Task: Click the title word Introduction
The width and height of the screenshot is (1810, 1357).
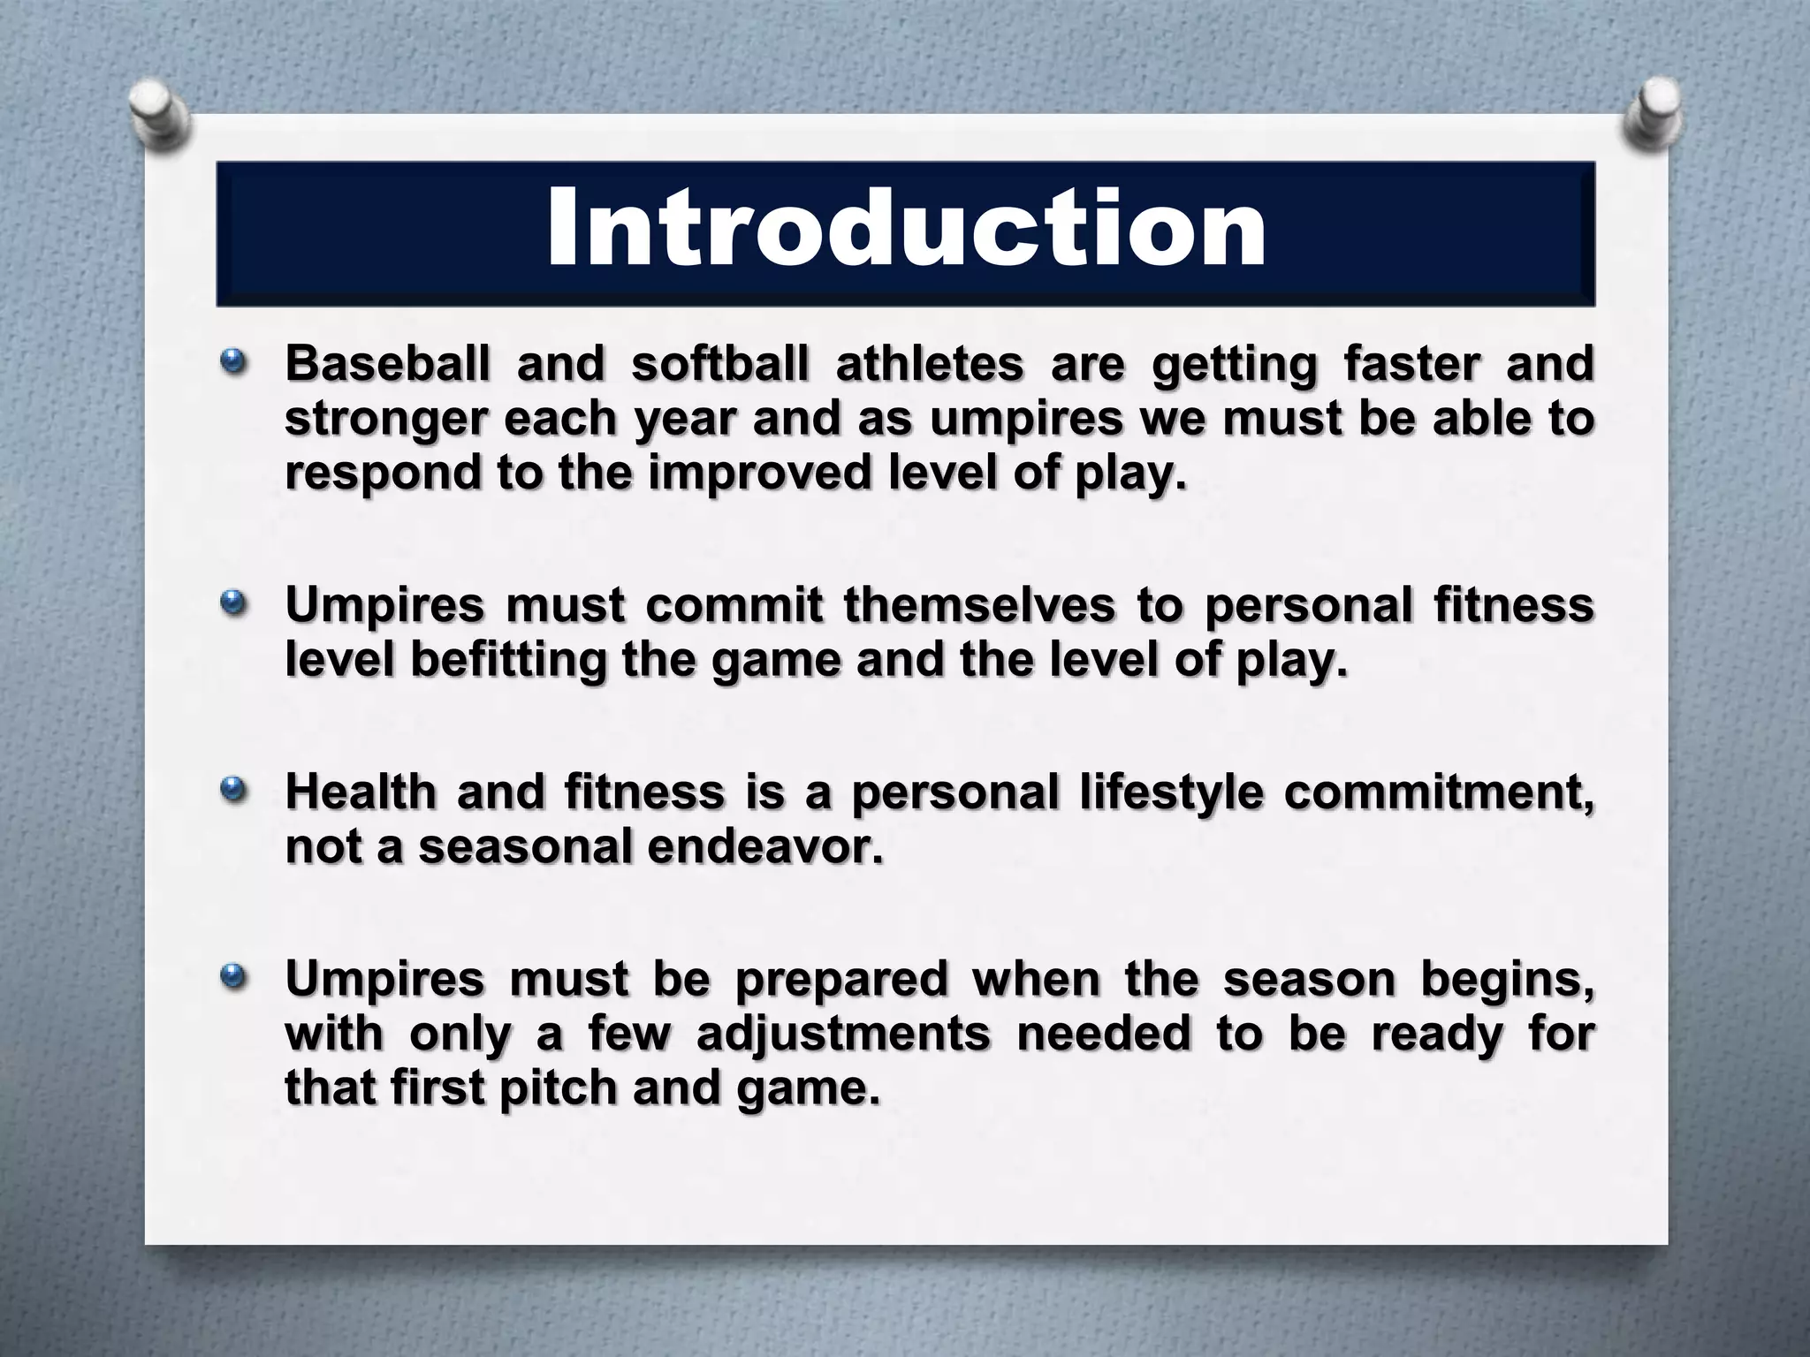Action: point(906,230)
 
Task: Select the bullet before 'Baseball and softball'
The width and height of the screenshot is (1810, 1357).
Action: point(233,362)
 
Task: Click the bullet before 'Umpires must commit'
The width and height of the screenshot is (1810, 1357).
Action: point(233,604)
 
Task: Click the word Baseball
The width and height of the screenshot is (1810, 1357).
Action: point(387,363)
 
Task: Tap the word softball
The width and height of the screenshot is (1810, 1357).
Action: point(719,363)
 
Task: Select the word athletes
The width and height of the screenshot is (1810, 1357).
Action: point(929,363)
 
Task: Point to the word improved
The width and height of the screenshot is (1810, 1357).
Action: point(760,474)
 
